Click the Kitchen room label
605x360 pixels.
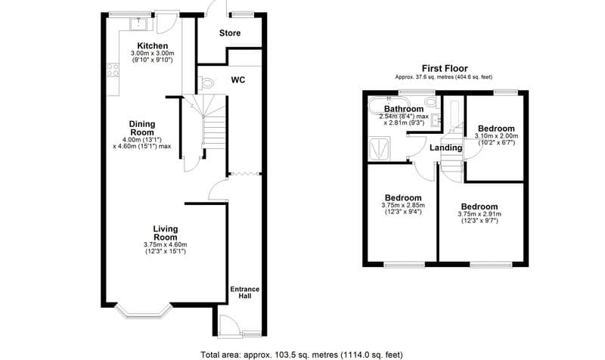pyautogui.click(x=152, y=45)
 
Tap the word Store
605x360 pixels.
pyautogui.click(x=230, y=33)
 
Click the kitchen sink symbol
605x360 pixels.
pyautogui.click(x=139, y=25)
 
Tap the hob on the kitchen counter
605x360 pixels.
pyautogui.click(x=114, y=72)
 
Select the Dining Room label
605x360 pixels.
pyautogui.click(x=141, y=128)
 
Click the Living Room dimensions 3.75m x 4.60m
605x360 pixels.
pyautogui.click(x=164, y=244)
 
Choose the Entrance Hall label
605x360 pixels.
pyautogui.click(x=245, y=292)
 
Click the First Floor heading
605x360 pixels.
pyautogui.click(x=443, y=67)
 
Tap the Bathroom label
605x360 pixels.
pyautogui.click(x=403, y=109)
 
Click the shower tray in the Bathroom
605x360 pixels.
pyautogui.click(x=379, y=146)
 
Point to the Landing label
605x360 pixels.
pyautogui.click(x=445, y=147)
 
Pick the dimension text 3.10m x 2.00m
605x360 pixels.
pyautogui.click(x=496, y=136)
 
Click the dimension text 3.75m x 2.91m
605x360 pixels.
pyautogui.click(x=479, y=214)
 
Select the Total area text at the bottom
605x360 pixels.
pyautogui.click(x=302, y=353)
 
